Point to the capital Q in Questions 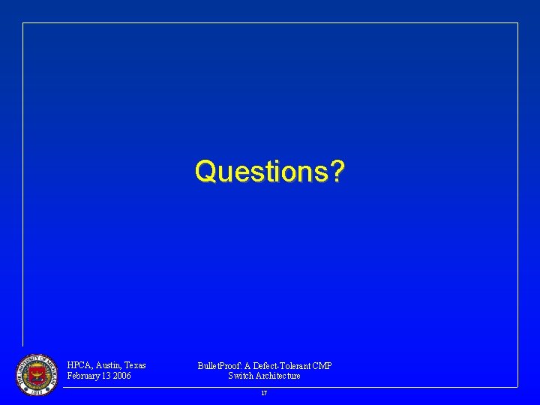[205, 172]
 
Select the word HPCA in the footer [79, 365]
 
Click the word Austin [109, 365]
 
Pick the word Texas [135, 365]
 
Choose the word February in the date [84, 376]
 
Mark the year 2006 [122, 376]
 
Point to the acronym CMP [322, 366]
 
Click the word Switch [241, 376]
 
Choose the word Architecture [278, 376]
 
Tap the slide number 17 [264, 393]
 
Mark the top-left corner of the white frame [23, 23]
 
